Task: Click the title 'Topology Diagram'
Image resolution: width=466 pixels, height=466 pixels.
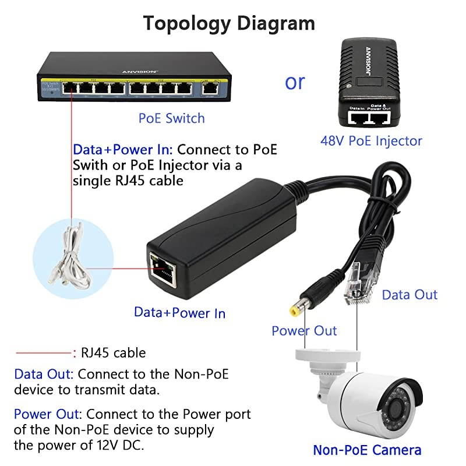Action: [229, 23]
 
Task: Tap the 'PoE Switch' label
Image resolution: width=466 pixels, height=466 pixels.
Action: [171, 118]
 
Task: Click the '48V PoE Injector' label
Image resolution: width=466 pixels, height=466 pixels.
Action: [371, 140]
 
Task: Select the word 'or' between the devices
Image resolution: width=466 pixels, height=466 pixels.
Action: [295, 82]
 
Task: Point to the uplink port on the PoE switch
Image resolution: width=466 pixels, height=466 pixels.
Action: [210, 89]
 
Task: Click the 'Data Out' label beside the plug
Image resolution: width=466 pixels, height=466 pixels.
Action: [409, 295]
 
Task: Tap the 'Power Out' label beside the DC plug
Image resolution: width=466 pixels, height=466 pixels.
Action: [304, 331]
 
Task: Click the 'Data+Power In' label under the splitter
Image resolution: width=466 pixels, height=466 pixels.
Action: [179, 312]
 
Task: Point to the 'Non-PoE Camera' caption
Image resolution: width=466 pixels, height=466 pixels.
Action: [367, 450]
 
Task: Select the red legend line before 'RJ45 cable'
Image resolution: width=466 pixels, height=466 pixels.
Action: [44, 352]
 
